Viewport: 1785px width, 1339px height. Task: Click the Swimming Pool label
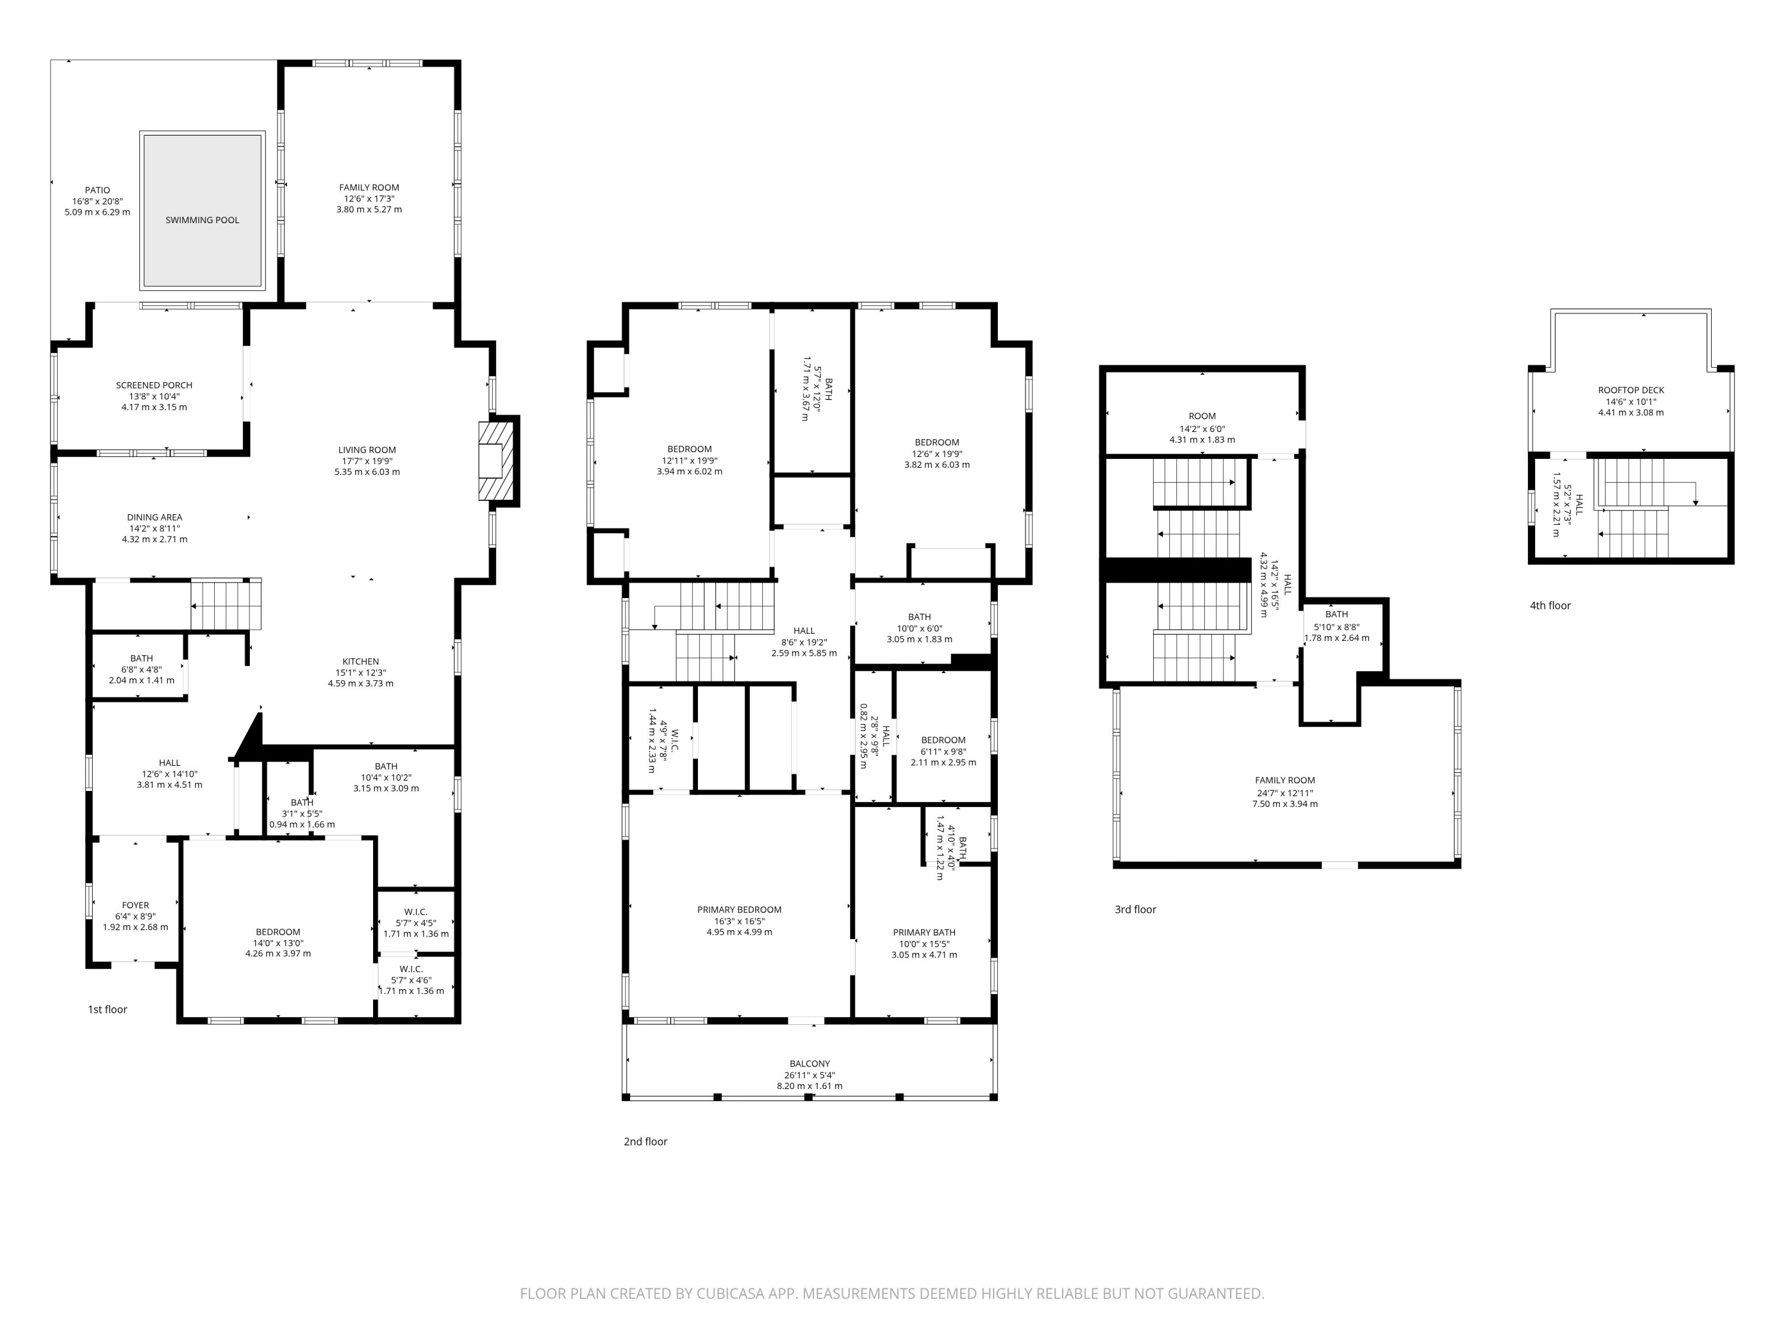pos(202,220)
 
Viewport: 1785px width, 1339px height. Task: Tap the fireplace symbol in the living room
pos(496,461)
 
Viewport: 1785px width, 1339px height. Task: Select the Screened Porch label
pos(154,385)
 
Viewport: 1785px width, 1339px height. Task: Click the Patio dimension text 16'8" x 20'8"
pos(97,201)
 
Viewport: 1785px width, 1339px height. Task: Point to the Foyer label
pos(136,905)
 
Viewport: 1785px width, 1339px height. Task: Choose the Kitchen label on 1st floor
pos(360,661)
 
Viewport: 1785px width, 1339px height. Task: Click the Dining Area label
pos(154,517)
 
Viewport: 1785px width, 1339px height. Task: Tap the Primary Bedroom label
pos(739,909)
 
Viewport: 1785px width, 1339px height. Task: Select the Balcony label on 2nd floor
pos(809,1064)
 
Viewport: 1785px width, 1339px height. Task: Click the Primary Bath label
pos(924,932)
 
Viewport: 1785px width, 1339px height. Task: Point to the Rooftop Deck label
pos(1631,390)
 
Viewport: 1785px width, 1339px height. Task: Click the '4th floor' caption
pos(1550,605)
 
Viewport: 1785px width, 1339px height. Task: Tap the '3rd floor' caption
pos(1135,909)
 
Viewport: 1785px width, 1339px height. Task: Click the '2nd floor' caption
pos(646,1141)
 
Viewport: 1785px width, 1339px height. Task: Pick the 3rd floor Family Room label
pos(1285,780)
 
